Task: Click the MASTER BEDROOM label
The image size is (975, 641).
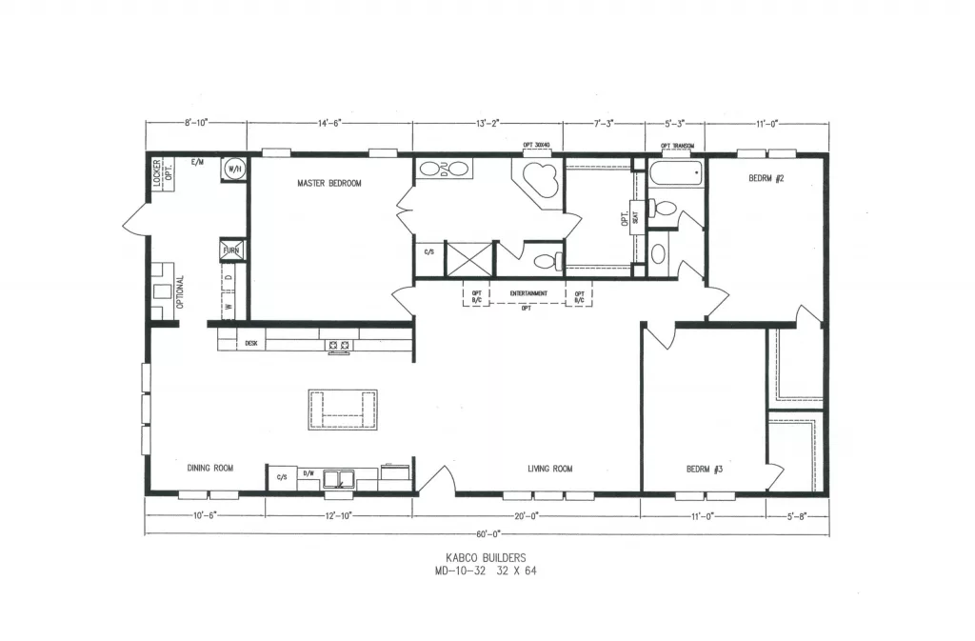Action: [328, 183]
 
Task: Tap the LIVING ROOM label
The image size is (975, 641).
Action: [549, 469]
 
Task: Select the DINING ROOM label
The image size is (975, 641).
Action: [210, 468]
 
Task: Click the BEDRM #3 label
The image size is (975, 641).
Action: [705, 469]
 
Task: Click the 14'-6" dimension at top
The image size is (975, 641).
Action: [329, 123]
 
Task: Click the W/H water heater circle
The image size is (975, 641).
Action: [233, 169]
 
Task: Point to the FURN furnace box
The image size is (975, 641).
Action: [232, 250]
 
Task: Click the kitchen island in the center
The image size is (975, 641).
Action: [342, 410]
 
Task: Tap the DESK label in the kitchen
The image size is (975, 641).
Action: [251, 343]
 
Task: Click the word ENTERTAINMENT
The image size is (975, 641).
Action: [528, 293]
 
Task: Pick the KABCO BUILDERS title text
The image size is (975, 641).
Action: [487, 558]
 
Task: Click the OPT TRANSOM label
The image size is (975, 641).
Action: [677, 146]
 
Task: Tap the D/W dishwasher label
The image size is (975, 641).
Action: [308, 473]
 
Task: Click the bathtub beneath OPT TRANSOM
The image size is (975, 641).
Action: [676, 175]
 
